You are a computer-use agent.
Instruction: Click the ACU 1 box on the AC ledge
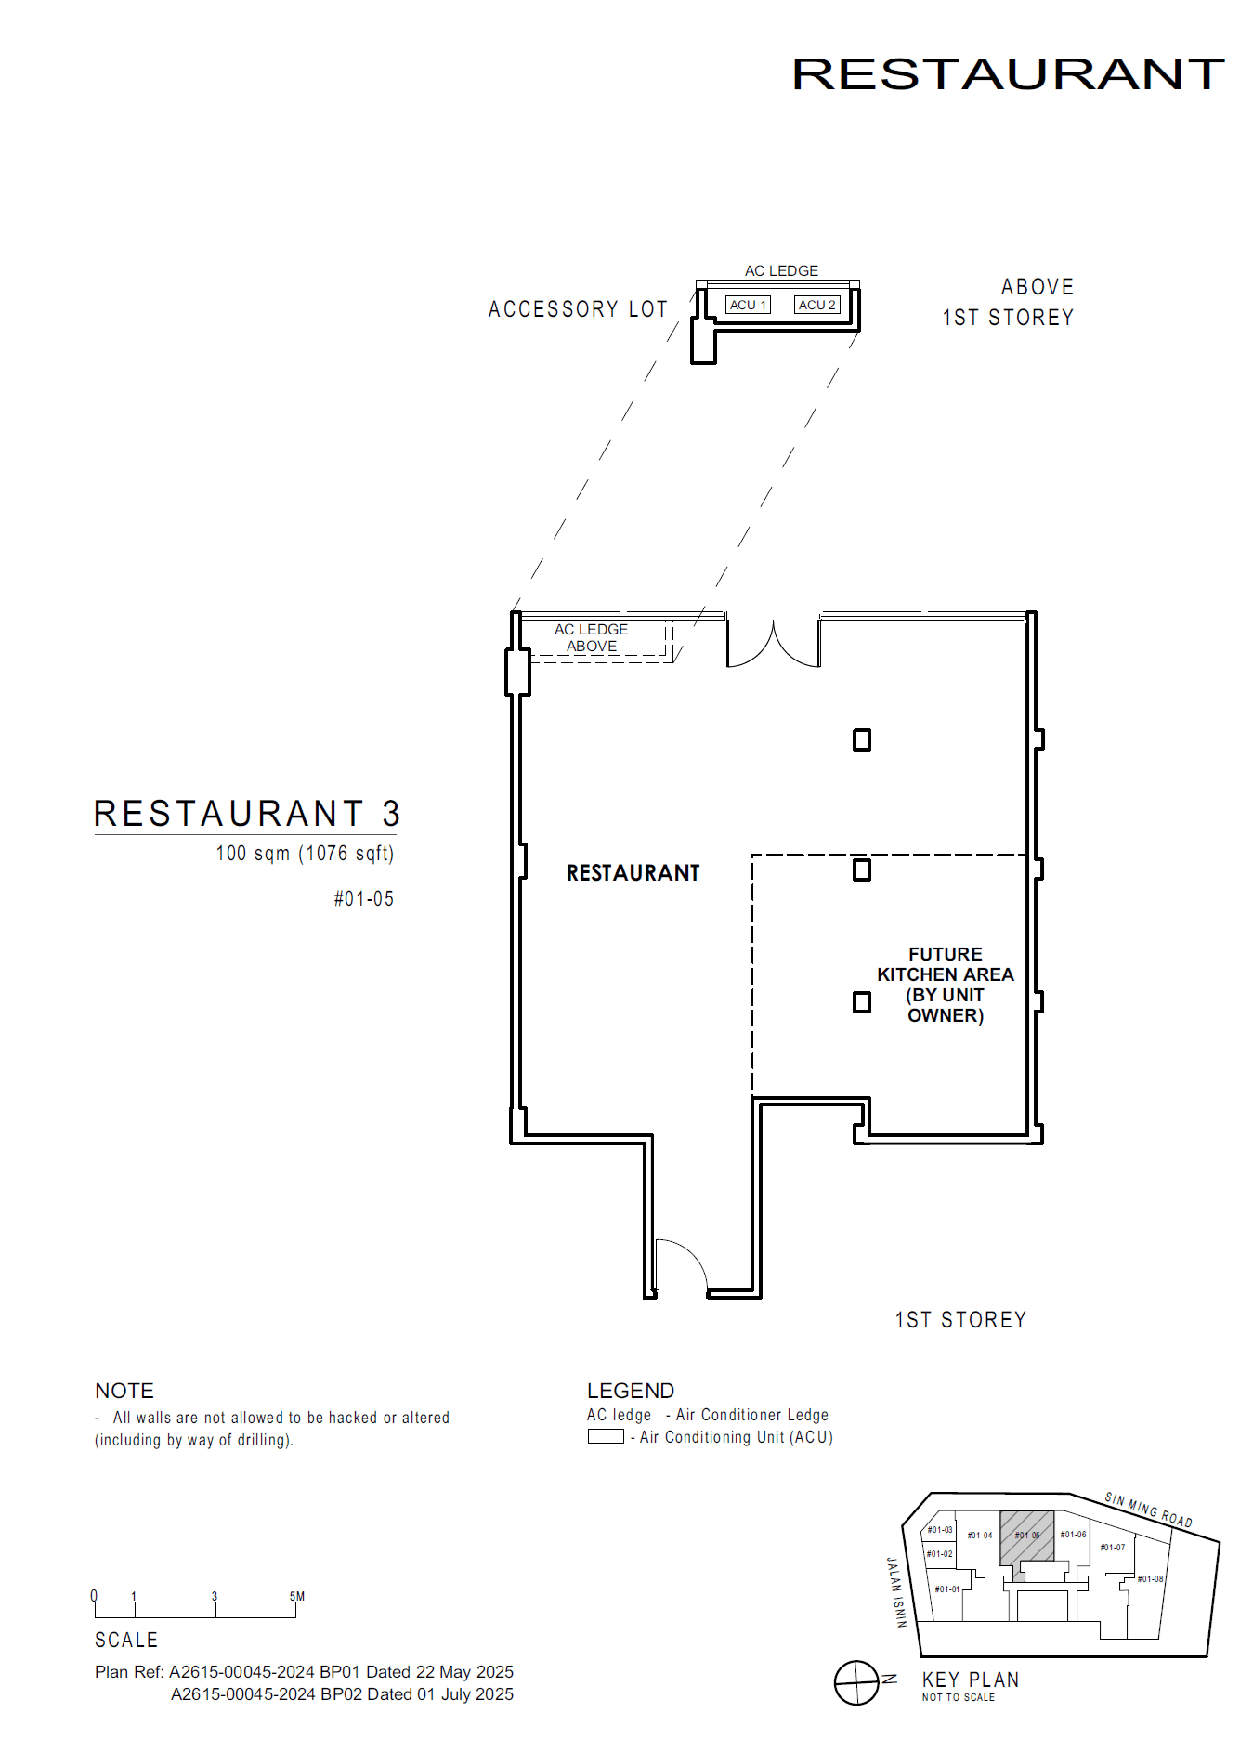[748, 305]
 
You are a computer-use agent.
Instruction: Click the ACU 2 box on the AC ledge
[817, 305]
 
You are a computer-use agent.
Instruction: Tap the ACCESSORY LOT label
[578, 308]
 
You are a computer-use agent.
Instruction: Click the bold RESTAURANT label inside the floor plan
[633, 872]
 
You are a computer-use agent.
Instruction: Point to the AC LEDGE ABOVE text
[592, 637]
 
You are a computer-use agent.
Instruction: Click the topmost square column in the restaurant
[862, 739]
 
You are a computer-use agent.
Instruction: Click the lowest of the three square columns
[862, 1001]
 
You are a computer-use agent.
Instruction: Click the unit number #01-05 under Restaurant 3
[364, 898]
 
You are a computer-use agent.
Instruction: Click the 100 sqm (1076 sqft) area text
[305, 853]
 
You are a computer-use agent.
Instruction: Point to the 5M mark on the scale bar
[296, 1597]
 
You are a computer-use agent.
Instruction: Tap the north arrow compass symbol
[856, 1682]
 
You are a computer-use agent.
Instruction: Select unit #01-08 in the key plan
[1150, 1578]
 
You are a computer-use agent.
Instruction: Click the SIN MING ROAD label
[1148, 1510]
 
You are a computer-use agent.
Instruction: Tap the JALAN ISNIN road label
[895, 1592]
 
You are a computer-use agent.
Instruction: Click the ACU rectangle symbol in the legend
[606, 1436]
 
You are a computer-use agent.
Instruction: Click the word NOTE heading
[124, 1390]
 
